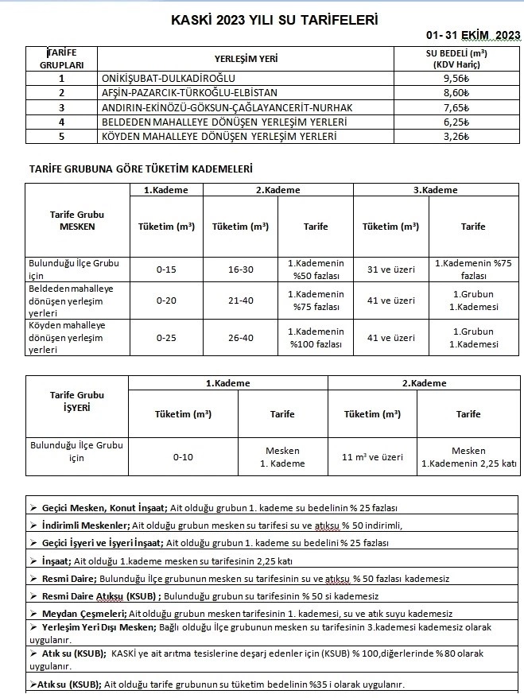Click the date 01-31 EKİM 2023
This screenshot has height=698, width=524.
click(472, 35)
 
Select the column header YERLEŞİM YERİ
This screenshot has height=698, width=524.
click(246, 59)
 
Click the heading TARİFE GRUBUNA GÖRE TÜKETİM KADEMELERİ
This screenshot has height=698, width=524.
click(141, 169)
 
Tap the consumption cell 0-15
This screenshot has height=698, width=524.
click(166, 270)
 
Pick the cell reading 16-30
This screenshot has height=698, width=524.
click(240, 270)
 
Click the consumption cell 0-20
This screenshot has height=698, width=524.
click(166, 301)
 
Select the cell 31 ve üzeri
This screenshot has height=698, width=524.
click(390, 270)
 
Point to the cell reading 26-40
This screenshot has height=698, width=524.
click(240, 338)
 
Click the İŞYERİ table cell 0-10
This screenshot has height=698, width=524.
click(183, 457)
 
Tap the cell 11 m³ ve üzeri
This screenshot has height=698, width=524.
click(372, 457)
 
